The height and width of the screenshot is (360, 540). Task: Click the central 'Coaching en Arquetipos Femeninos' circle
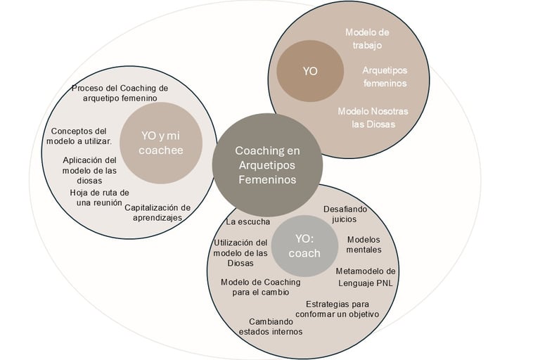pyautogui.click(x=267, y=165)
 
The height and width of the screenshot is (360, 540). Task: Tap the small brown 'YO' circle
pyautogui.click(x=309, y=71)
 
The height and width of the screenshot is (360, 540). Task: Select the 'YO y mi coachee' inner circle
pyautogui.click(x=161, y=143)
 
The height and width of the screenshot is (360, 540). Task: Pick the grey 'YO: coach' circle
pyautogui.click(x=307, y=247)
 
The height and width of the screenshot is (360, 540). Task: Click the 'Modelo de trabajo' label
pyautogui.click(x=367, y=39)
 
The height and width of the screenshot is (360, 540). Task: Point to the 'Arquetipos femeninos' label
pyautogui.click(x=385, y=77)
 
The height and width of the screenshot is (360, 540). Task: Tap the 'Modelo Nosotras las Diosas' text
pyautogui.click(x=373, y=117)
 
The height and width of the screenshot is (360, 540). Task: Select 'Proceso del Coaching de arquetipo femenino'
pyautogui.click(x=120, y=93)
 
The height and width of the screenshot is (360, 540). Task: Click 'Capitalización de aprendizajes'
pyautogui.click(x=157, y=212)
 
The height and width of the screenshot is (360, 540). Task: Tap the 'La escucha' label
pyautogui.click(x=247, y=221)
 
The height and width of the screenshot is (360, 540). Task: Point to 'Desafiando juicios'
pyautogui.click(x=345, y=214)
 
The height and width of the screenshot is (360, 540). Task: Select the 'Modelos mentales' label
pyautogui.click(x=364, y=244)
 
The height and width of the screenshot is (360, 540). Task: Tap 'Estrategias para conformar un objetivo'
pyautogui.click(x=342, y=309)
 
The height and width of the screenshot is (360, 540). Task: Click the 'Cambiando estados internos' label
pyautogui.click(x=271, y=326)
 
